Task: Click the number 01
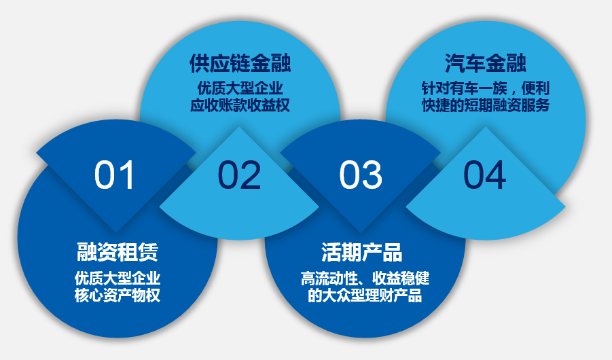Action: [x=114, y=175]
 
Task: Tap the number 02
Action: [x=239, y=175]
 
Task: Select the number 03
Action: [x=361, y=175]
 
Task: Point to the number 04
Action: [x=485, y=175]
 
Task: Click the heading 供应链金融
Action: [x=240, y=64]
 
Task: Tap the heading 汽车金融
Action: [x=486, y=64]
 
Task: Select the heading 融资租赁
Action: [x=117, y=252]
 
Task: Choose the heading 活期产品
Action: [x=362, y=252]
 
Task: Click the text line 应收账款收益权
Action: [x=240, y=105]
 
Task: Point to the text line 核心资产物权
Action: [x=118, y=295]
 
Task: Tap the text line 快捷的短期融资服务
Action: [x=486, y=105]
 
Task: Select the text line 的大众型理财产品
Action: [x=365, y=295]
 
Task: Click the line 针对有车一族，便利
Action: [x=486, y=88]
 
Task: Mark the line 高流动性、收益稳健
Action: [x=365, y=278]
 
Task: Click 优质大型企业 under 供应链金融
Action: [x=240, y=88]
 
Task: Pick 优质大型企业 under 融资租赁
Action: [x=118, y=278]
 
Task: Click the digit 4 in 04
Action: [x=496, y=175]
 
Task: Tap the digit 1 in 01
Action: [x=126, y=175]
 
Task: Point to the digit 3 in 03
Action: [x=372, y=175]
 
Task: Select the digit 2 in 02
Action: [x=251, y=175]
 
